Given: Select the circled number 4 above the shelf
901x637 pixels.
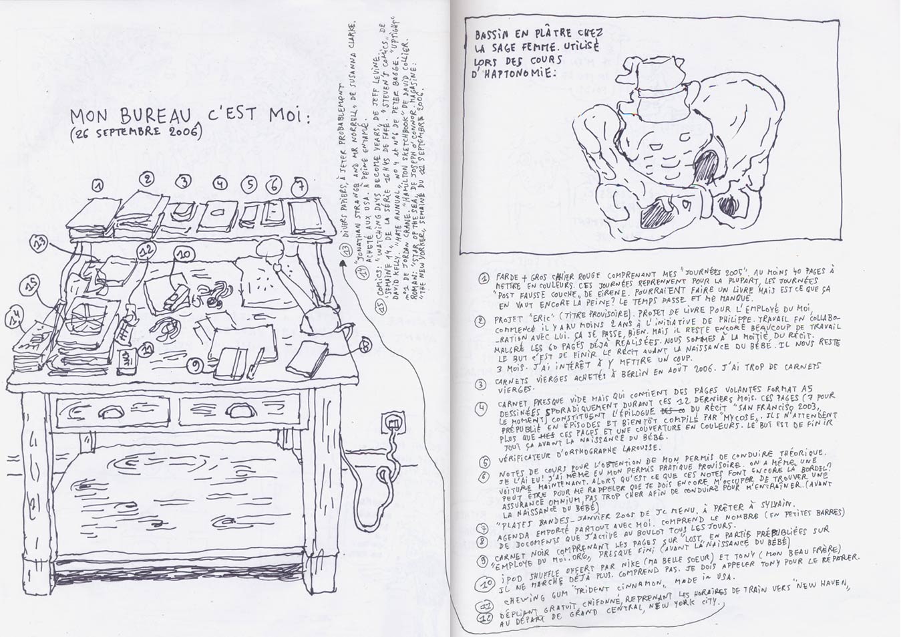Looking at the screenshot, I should (220, 184).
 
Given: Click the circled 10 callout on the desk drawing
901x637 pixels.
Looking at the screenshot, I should (183, 255).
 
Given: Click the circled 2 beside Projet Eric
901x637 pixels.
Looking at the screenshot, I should (481, 321).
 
